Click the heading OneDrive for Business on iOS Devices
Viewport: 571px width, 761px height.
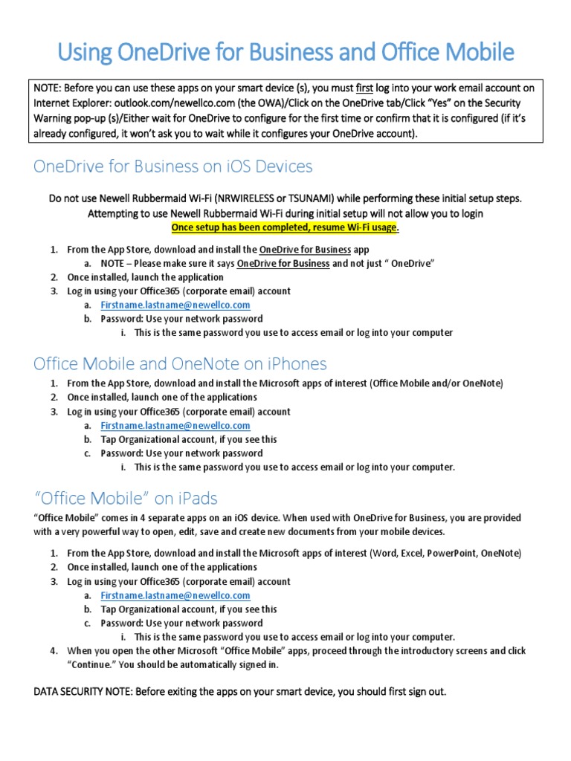coord(172,166)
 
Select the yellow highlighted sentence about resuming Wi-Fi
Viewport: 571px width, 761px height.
coord(285,227)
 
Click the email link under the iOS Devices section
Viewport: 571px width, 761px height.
coord(175,305)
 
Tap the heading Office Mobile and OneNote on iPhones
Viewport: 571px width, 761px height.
coord(180,363)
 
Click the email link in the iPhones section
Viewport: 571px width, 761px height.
coord(175,426)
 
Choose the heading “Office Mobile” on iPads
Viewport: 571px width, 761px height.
coord(126,497)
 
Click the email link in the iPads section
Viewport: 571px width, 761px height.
coord(175,595)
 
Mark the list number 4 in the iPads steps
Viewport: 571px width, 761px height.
coord(54,651)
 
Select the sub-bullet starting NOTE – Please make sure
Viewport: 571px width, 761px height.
coord(268,263)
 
